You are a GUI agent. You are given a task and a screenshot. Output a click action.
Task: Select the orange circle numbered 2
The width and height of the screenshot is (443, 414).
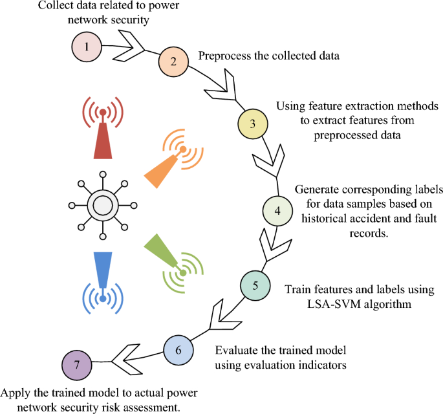click(173, 62)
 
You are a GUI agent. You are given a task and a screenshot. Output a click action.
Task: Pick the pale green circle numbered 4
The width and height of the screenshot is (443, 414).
click(277, 211)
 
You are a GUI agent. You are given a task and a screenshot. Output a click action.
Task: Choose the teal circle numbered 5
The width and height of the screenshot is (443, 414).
click(255, 285)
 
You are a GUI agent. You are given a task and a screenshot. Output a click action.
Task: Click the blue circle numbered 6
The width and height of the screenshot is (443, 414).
click(179, 350)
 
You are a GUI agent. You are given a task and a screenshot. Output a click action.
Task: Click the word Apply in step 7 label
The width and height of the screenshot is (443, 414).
click(14, 393)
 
